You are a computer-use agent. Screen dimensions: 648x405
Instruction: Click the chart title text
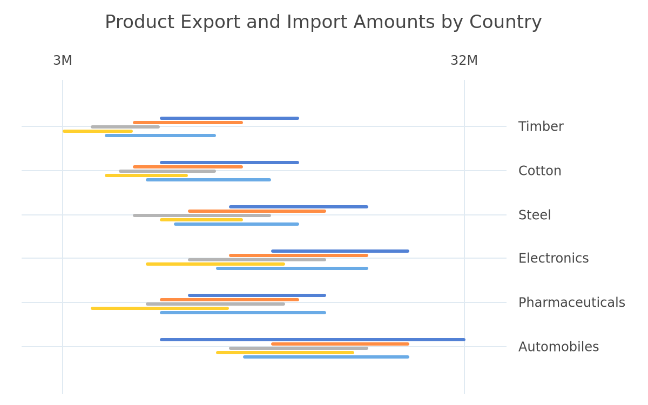point(323,22)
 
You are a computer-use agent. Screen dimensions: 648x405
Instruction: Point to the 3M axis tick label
point(63,60)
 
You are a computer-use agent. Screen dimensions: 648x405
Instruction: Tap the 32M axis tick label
point(464,60)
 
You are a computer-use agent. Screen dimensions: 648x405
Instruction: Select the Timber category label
point(541,126)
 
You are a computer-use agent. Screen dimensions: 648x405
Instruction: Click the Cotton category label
point(539,171)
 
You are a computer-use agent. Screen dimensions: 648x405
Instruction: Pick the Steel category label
point(534,215)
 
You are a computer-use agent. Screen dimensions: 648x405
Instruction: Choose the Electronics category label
point(553,258)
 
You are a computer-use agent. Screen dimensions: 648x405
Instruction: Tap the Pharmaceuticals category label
point(571,302)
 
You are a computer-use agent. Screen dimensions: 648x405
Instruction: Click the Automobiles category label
point(558,347)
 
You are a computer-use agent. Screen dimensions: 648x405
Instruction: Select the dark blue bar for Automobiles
point(313,340)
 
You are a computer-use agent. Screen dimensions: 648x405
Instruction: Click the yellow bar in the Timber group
point(98,131)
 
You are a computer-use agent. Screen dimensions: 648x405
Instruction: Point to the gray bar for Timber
point(125,127)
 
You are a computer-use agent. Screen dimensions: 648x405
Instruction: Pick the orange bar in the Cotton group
point(188,167)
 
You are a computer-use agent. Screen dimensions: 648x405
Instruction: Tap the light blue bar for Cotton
point(208,180)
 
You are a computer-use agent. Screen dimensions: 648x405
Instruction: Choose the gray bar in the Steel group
point(202,215)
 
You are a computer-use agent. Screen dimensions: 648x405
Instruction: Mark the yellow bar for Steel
point(201,220)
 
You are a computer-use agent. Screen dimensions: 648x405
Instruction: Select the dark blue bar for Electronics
point(340,251)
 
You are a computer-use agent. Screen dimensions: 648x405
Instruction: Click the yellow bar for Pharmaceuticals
point(160,308)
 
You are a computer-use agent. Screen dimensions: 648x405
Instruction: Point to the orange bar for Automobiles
point(340,344)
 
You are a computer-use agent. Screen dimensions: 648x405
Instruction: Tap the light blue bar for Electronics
point(292,268)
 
